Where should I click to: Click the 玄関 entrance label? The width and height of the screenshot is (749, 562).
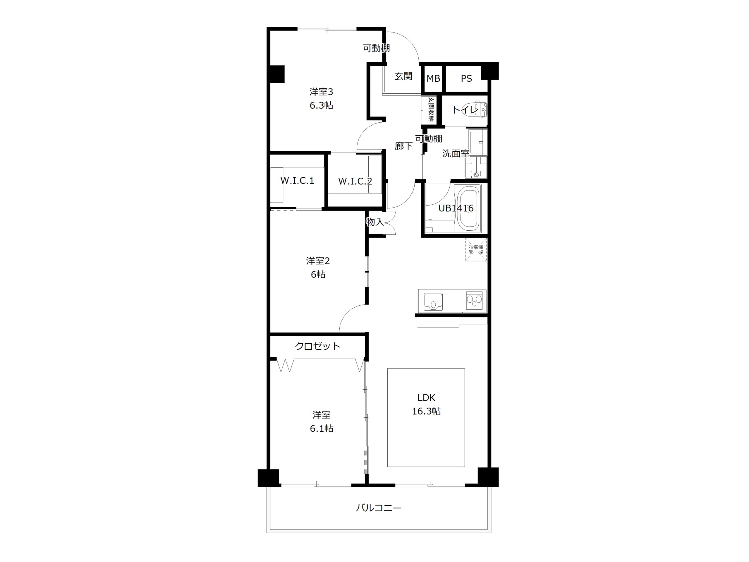pyautogui.click(x=403, y=76)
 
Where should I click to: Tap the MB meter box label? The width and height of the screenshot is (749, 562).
pyautogui.click(x=433, y=78)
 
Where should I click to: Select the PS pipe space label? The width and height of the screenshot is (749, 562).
pyautogui.click(x=466, y=78)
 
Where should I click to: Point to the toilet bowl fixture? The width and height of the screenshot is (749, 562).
pyautogui.click(x=480, y=109)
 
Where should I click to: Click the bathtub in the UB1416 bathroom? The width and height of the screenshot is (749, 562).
pyautogui.click(x=469, y=209)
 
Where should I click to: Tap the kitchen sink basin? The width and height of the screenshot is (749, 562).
pyautogui.click(x=433, y=301)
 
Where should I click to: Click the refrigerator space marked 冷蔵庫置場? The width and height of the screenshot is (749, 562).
pyautogui.click(x=476, y=250)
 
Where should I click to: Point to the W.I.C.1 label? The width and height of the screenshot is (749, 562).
pyautogui.click(x=297, y=181)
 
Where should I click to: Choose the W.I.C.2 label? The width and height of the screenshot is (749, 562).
pyautogui.click(x=355, y=181)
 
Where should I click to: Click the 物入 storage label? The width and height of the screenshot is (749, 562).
pyautogui.click(x=375, y=222)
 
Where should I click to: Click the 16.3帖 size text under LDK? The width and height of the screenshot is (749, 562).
pyautogui.click(x=426, y=411)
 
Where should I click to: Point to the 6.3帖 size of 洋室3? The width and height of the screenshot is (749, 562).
pyautogui.click(x=321, y=105)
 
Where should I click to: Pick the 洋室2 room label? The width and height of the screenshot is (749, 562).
pyautogui.click(x=318, y=261)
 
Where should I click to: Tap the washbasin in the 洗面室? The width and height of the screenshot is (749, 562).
pyautogui.click(x=478, y=142)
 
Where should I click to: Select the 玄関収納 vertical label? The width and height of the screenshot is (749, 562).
pyautogui.click(x=431, y=109)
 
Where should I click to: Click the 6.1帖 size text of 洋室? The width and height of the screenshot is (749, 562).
pyautogui.click(x=322, y=429)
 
